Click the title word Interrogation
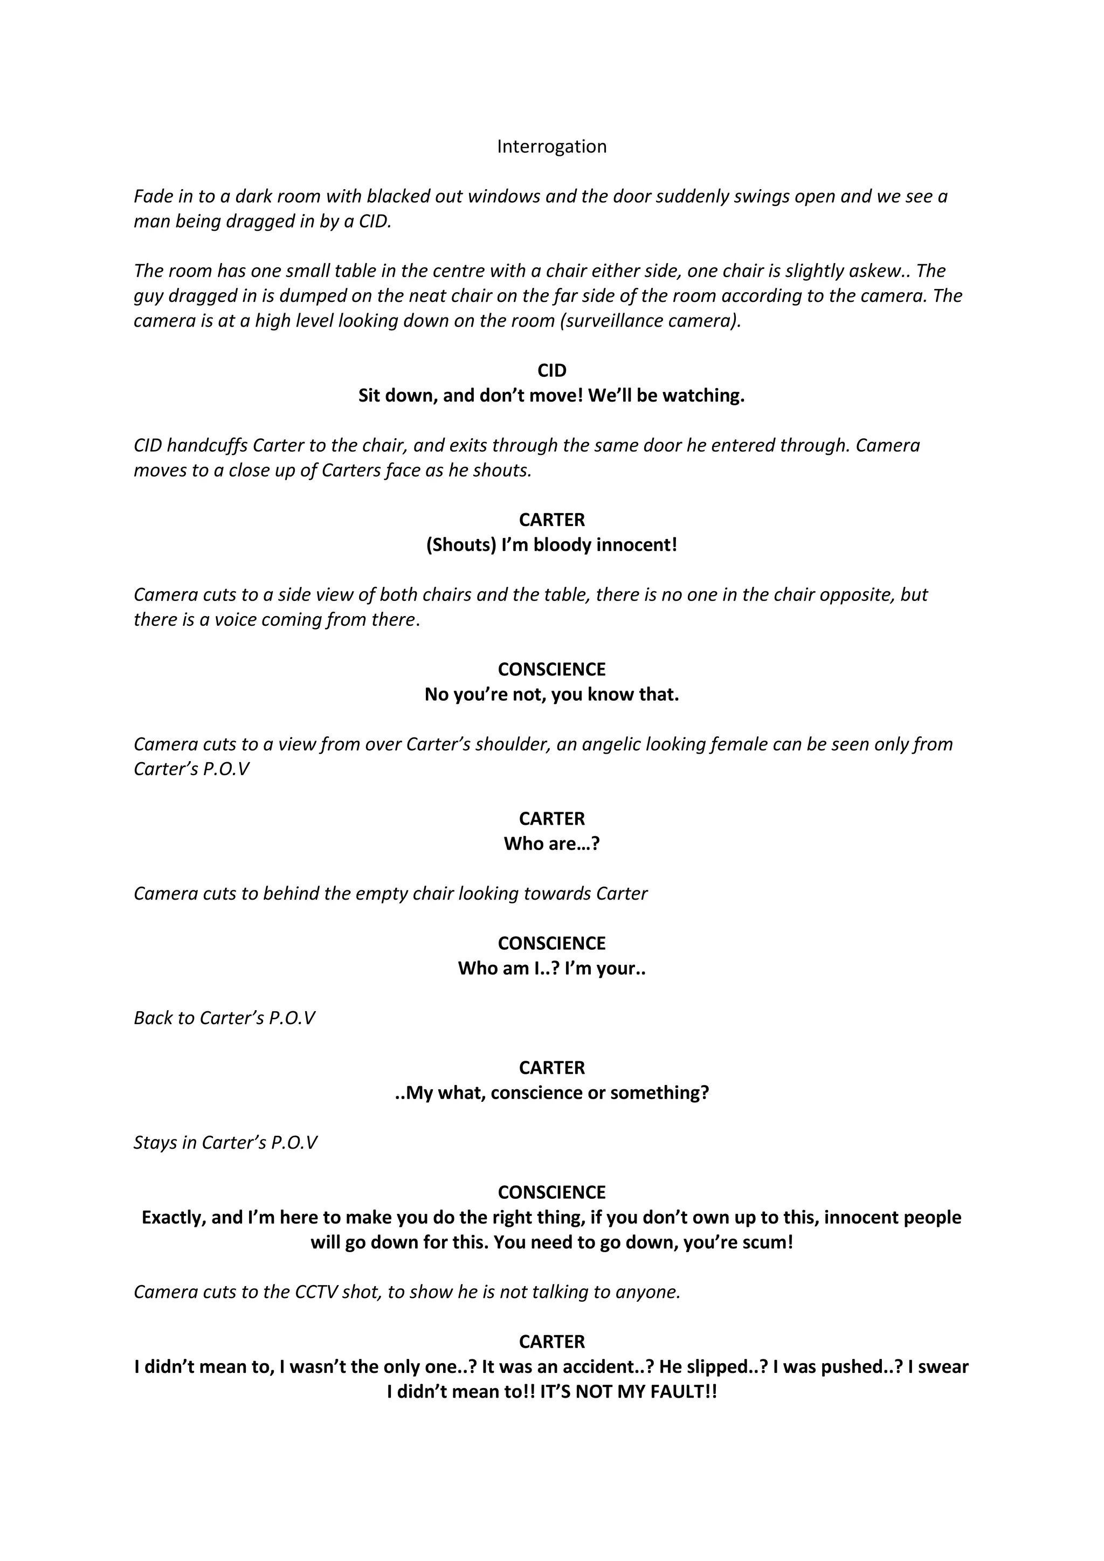[x=551, y=146]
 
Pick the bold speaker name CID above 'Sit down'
[x=551, y=370]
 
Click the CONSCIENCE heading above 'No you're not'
[x=551, y=669]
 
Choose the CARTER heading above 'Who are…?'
[x=551, y=819]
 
